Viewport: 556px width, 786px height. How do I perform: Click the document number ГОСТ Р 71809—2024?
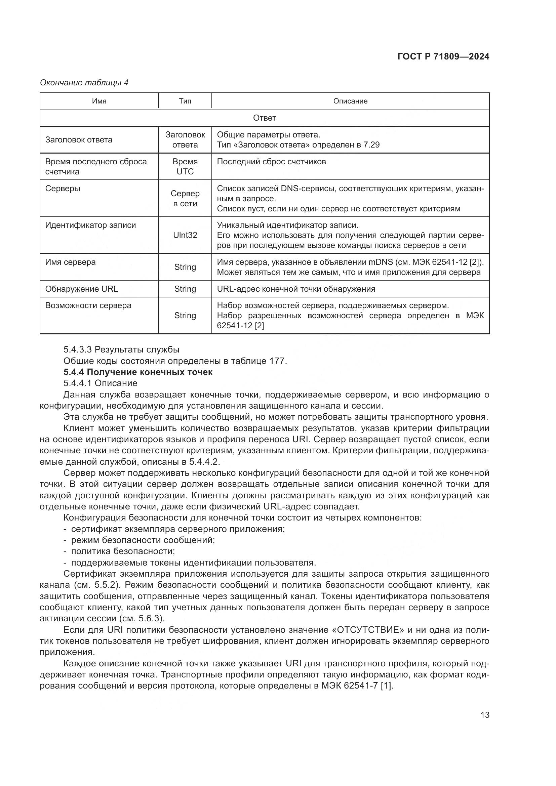(x=443, y=56)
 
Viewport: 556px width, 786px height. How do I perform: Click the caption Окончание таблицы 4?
(x=84, y=83)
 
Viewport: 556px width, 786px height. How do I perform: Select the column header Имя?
(x=99, y=101)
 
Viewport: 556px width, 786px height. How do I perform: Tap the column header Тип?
(x=185, y=101)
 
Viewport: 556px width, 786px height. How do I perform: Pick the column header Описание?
(x=350, y=101)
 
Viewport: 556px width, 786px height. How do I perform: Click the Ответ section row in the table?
(x=264, y=118)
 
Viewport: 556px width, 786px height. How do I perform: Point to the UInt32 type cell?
(x=185, y=235)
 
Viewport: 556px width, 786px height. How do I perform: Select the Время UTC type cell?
(x=185, y=166)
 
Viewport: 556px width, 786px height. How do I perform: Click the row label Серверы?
(x=63, y=189)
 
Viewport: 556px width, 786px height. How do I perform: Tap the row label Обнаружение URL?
(x=81, y=289)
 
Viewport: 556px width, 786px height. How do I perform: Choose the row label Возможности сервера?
(x=88, y=305)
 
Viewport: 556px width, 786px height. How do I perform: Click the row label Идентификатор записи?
(x=90, y=225)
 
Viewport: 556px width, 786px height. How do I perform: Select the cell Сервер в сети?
(x=185, y=199)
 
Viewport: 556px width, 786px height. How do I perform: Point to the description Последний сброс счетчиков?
(x=271, y=162)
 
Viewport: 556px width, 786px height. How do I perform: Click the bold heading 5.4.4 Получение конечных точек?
(x=138, y=372)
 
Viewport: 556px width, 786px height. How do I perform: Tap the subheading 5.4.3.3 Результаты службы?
(x=121, y=349)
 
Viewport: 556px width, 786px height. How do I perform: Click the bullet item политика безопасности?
(x=123, y=551)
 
